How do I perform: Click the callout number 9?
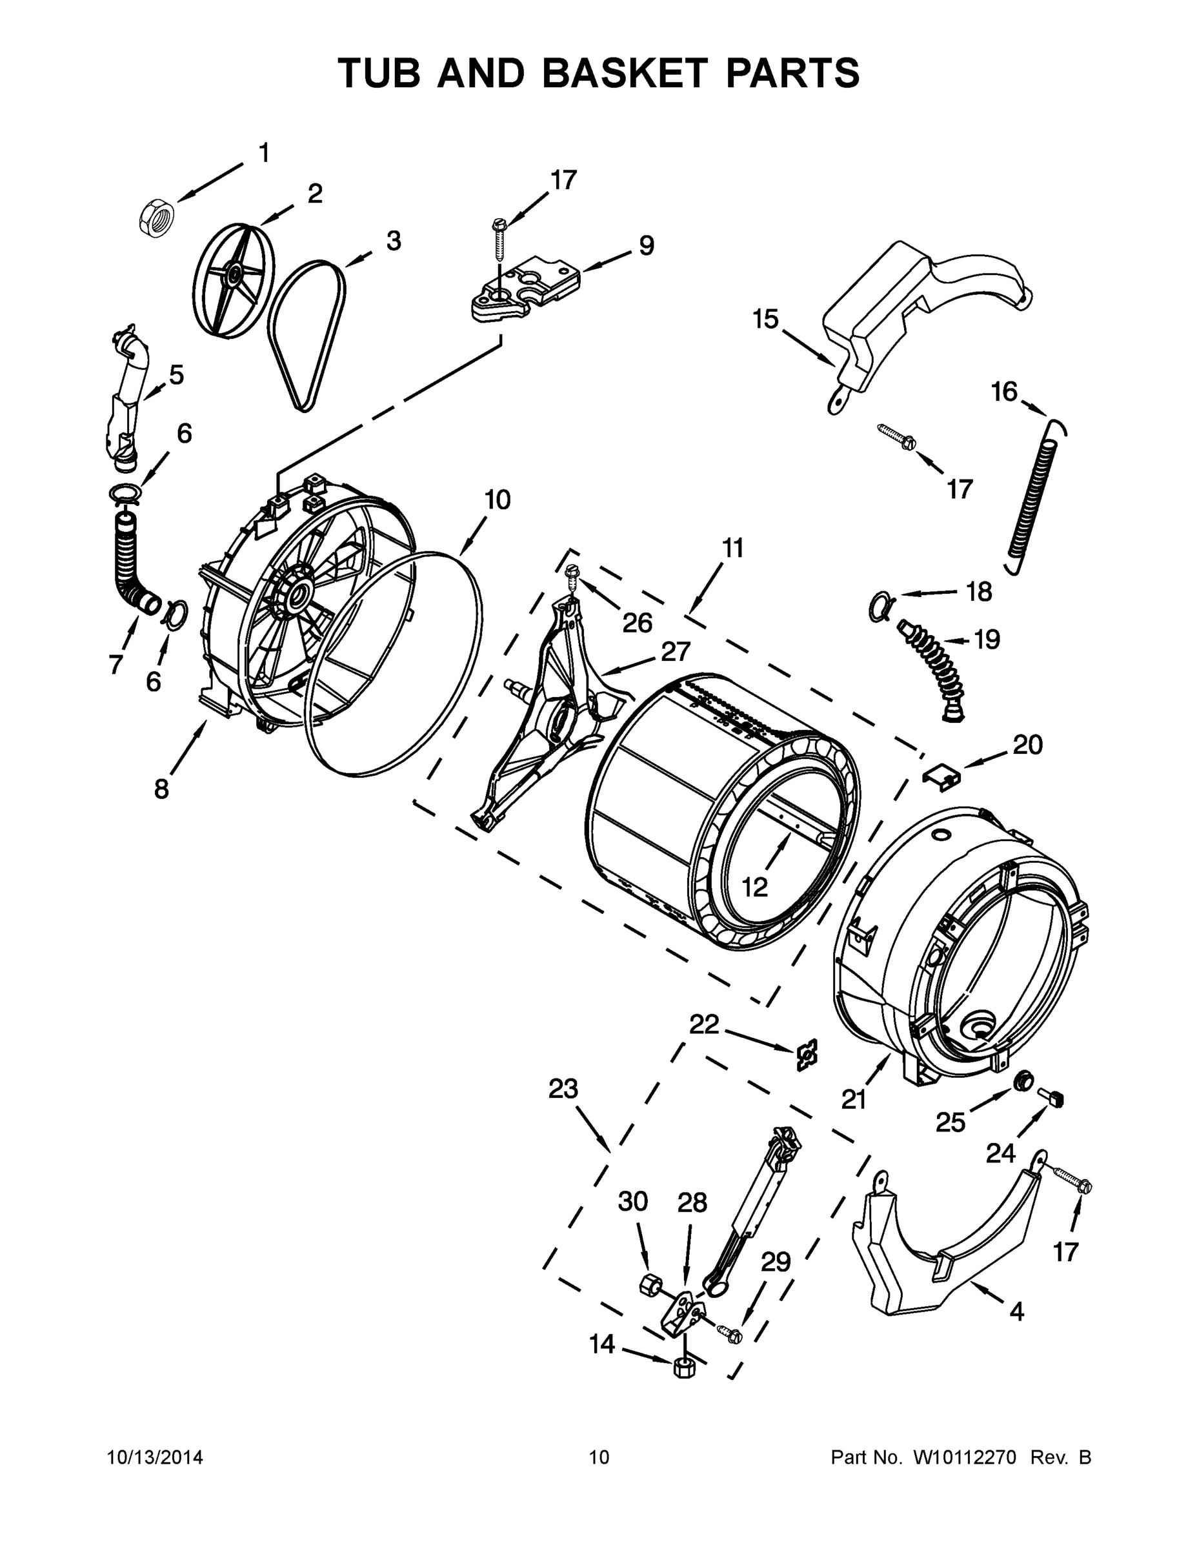click(x=646, y=246)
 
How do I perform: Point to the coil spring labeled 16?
click(x=1034, y=496)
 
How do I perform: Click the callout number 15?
click(x=766, y=319)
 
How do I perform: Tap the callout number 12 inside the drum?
click(x=755, y=887)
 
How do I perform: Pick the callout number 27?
click(x=675, y=652)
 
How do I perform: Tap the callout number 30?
click(x=632, y=1202)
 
